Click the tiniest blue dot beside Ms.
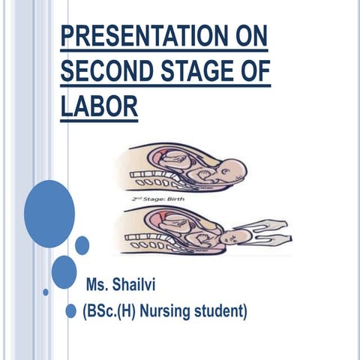click(46, 292)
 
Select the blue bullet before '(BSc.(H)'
click(71, 310)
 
